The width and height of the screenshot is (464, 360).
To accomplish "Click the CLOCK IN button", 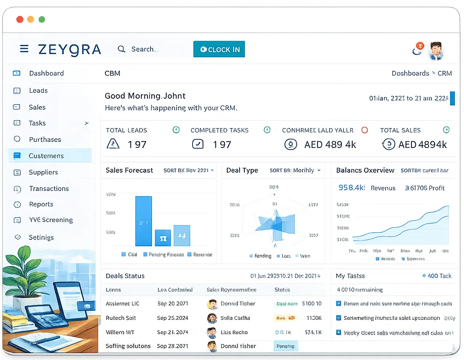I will (219, 49).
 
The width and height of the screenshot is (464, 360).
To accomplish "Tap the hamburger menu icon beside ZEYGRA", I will (24, 49).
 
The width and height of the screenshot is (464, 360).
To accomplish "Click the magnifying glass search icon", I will (121, 49).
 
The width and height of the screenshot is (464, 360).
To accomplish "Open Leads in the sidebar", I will (38, 91).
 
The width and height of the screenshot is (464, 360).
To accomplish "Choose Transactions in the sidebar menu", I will (49, 189).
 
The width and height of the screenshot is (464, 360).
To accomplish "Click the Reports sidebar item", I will (41, 204).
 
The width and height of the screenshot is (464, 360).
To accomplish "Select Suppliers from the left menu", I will (43, 172).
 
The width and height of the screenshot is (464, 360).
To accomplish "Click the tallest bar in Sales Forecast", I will (144, 221).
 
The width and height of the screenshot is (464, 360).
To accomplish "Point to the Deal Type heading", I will (242, 170).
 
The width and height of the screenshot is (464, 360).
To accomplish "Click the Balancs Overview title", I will (365, 170).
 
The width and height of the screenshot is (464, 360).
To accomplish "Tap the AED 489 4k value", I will (330, 144).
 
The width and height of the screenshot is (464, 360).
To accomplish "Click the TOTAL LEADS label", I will (127, 130).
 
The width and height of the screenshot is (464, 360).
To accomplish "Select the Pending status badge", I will (285, 346).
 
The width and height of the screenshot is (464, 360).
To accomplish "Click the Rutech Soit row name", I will (121, 318).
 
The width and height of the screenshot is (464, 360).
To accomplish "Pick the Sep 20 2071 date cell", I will (173, 304).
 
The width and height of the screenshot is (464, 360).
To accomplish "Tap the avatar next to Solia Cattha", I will (212, 318).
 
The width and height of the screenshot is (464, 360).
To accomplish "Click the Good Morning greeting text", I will (145, 96).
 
